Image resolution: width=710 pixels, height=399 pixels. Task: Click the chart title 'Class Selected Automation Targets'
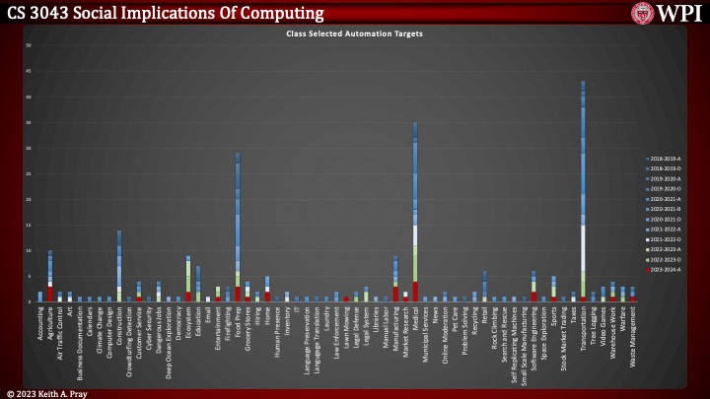pos(354,33)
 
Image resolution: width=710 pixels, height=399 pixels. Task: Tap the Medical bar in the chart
pos(415,217)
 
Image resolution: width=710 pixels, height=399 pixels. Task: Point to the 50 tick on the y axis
pos(30,45)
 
